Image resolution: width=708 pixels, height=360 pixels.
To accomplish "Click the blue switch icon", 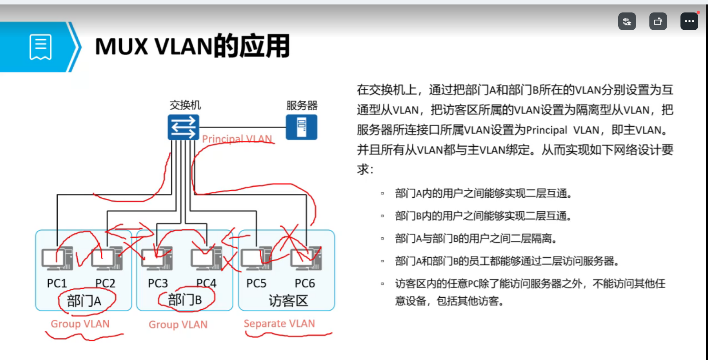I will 183,127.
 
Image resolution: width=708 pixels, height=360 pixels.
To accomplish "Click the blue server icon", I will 301,127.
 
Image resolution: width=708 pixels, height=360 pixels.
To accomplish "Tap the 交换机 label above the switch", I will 185,105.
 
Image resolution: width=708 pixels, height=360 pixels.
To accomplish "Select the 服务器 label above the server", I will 302,105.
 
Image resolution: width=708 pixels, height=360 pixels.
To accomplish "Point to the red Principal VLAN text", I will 237,139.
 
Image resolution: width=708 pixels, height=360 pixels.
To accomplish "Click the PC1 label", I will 56,284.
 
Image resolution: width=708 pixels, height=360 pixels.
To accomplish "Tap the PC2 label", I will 105,284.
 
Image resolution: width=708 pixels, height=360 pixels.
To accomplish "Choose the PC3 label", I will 158,284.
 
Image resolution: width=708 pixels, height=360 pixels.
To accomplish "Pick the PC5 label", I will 256,284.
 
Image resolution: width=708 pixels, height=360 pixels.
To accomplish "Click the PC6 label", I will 305,284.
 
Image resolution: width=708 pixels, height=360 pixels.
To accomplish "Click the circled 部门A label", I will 84,301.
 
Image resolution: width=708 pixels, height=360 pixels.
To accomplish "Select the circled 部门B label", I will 185,300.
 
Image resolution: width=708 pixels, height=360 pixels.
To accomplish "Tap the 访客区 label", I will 288,301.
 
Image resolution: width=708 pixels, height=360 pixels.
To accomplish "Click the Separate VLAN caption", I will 279,324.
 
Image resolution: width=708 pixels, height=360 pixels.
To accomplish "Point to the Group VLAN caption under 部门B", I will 178,324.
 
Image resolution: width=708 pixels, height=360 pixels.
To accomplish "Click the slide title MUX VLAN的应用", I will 192,47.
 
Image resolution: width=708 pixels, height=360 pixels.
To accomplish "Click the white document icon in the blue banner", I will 40,47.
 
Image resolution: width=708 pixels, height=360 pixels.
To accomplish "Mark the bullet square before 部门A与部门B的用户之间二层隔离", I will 382,239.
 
